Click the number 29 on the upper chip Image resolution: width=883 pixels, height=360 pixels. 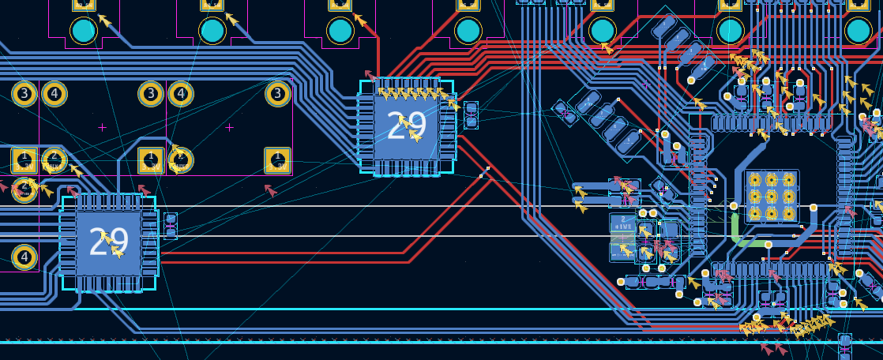pos(408,125)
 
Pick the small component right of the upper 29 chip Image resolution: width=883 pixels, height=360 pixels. pos(471,114)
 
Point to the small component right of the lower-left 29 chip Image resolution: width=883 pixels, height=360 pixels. pos(170,225)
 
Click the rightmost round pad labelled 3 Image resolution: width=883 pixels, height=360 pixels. pos(277,94)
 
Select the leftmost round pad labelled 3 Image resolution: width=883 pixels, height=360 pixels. pos(24,94)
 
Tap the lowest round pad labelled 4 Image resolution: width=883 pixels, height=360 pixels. pos(24,257)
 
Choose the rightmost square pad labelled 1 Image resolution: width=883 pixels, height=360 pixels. pos(277,160)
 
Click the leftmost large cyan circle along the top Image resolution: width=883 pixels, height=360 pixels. pos(84,31)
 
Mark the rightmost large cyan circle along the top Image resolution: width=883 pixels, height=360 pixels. pos(858,31)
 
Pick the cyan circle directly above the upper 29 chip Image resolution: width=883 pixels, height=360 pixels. pos(340,31)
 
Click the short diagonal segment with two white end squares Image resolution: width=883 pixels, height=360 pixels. pos(484,171)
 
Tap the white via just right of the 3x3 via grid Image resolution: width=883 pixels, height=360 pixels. pos(813,207)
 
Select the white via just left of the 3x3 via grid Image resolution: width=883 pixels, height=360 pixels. pos(734,206)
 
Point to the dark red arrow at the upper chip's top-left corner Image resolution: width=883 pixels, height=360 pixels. pos(370,76)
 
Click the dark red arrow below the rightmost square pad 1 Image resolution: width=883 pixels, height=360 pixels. pos(271,190)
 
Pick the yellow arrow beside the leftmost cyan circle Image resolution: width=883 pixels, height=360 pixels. pos(104,21)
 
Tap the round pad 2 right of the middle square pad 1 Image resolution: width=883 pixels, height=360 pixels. pos(181,160)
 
